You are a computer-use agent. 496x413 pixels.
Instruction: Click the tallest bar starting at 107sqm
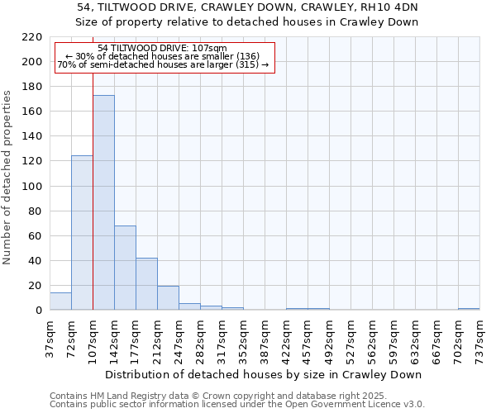[x=103, y=202]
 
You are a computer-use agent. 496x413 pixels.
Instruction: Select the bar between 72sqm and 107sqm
[x=82, y=232]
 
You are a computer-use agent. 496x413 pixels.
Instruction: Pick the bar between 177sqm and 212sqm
[x=146, y=284]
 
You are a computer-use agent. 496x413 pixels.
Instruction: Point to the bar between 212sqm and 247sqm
[x=168, y=298]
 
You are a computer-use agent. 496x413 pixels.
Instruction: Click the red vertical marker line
[x=93, y=206]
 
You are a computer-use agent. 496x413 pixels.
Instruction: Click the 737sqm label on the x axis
[x=480, y=338]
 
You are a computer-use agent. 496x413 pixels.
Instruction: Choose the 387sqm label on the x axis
[x=265, y=338]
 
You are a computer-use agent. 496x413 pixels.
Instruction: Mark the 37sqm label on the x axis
[x=50, y=338]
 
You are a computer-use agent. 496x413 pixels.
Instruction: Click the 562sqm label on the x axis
[x=373, y=338]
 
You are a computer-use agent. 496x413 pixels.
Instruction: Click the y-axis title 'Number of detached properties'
[x=7, y=178]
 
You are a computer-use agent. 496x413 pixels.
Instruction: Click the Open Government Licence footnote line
[x=237, y=405]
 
